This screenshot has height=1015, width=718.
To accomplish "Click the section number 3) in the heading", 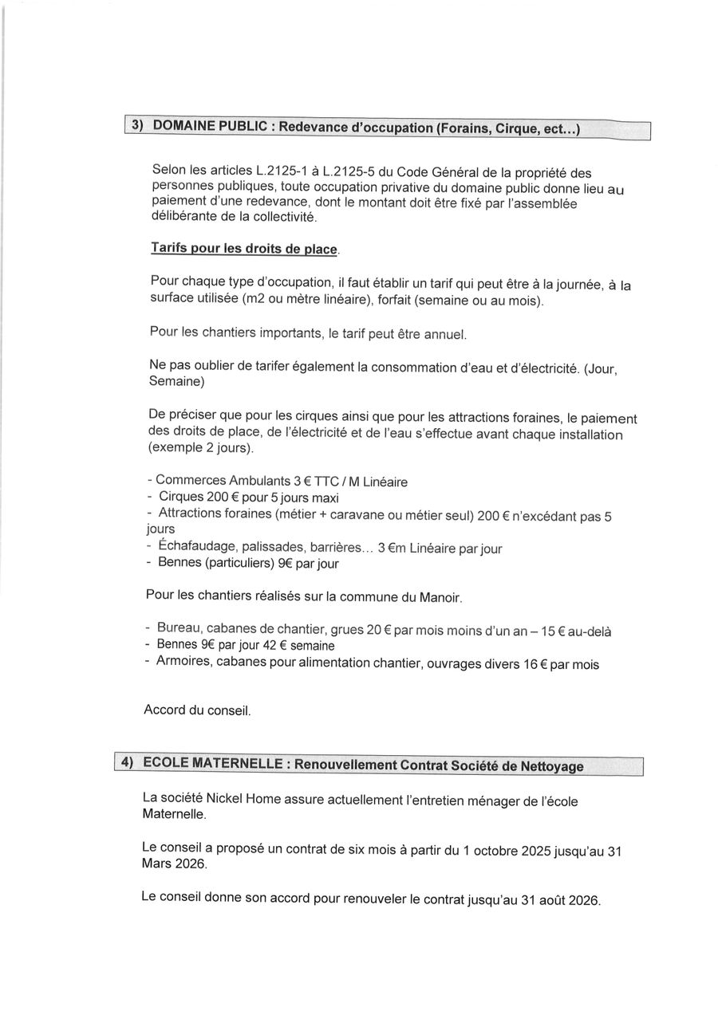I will pos(136,126).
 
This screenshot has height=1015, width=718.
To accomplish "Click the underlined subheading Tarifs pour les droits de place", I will pos(244,248).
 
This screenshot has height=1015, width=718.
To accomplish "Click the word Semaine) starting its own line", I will pos(176,381).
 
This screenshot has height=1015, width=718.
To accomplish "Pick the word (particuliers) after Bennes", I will pos(235,563).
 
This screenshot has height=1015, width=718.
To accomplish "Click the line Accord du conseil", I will pos(197,709).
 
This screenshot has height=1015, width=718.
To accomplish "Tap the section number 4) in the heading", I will pos(127,762).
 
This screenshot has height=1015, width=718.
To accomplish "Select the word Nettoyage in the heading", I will pos(549,766).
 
